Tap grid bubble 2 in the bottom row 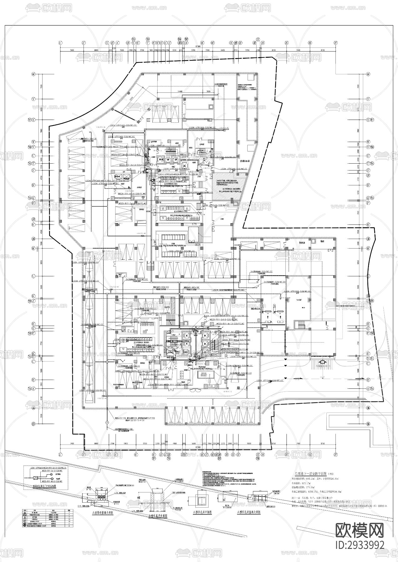(84, 454)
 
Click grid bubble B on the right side (368, 380)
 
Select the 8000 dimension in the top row (96, 50)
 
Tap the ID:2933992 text (360, 545)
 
